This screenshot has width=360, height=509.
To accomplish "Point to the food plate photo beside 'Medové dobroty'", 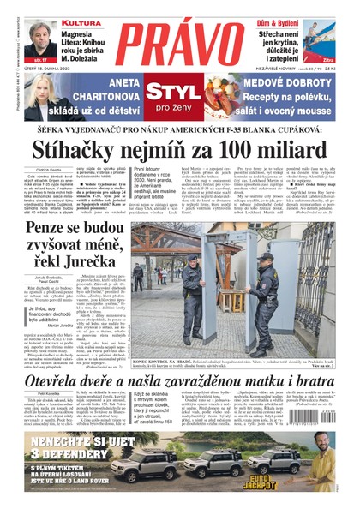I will pos(221,97).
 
